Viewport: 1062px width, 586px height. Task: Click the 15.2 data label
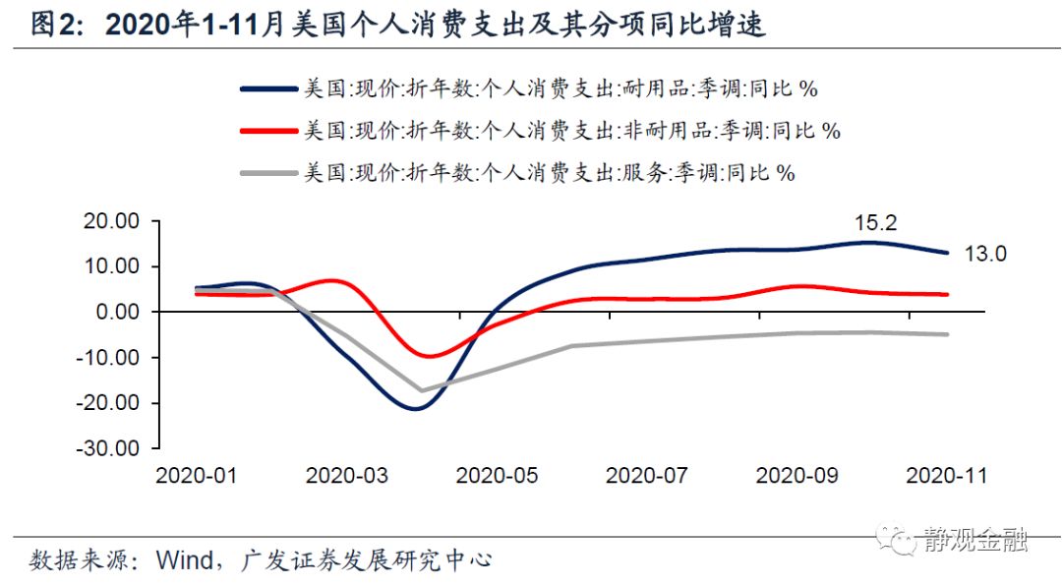tap(875, 223)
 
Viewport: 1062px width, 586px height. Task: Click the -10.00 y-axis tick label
tap(111, 357)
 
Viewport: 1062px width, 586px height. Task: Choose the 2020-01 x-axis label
tap(198, 475)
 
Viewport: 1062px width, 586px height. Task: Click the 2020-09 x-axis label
tap(796, 475)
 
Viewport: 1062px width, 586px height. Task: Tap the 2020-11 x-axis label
tap(945, 475)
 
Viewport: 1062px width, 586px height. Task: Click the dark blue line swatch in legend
tap(268, 88)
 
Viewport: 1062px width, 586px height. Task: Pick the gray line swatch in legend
tap(268, 173)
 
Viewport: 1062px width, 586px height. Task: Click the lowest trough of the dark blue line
tap(414, 407)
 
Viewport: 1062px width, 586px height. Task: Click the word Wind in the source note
tap(183, 560)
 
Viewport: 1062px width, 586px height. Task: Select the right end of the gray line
tap(947, 334)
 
